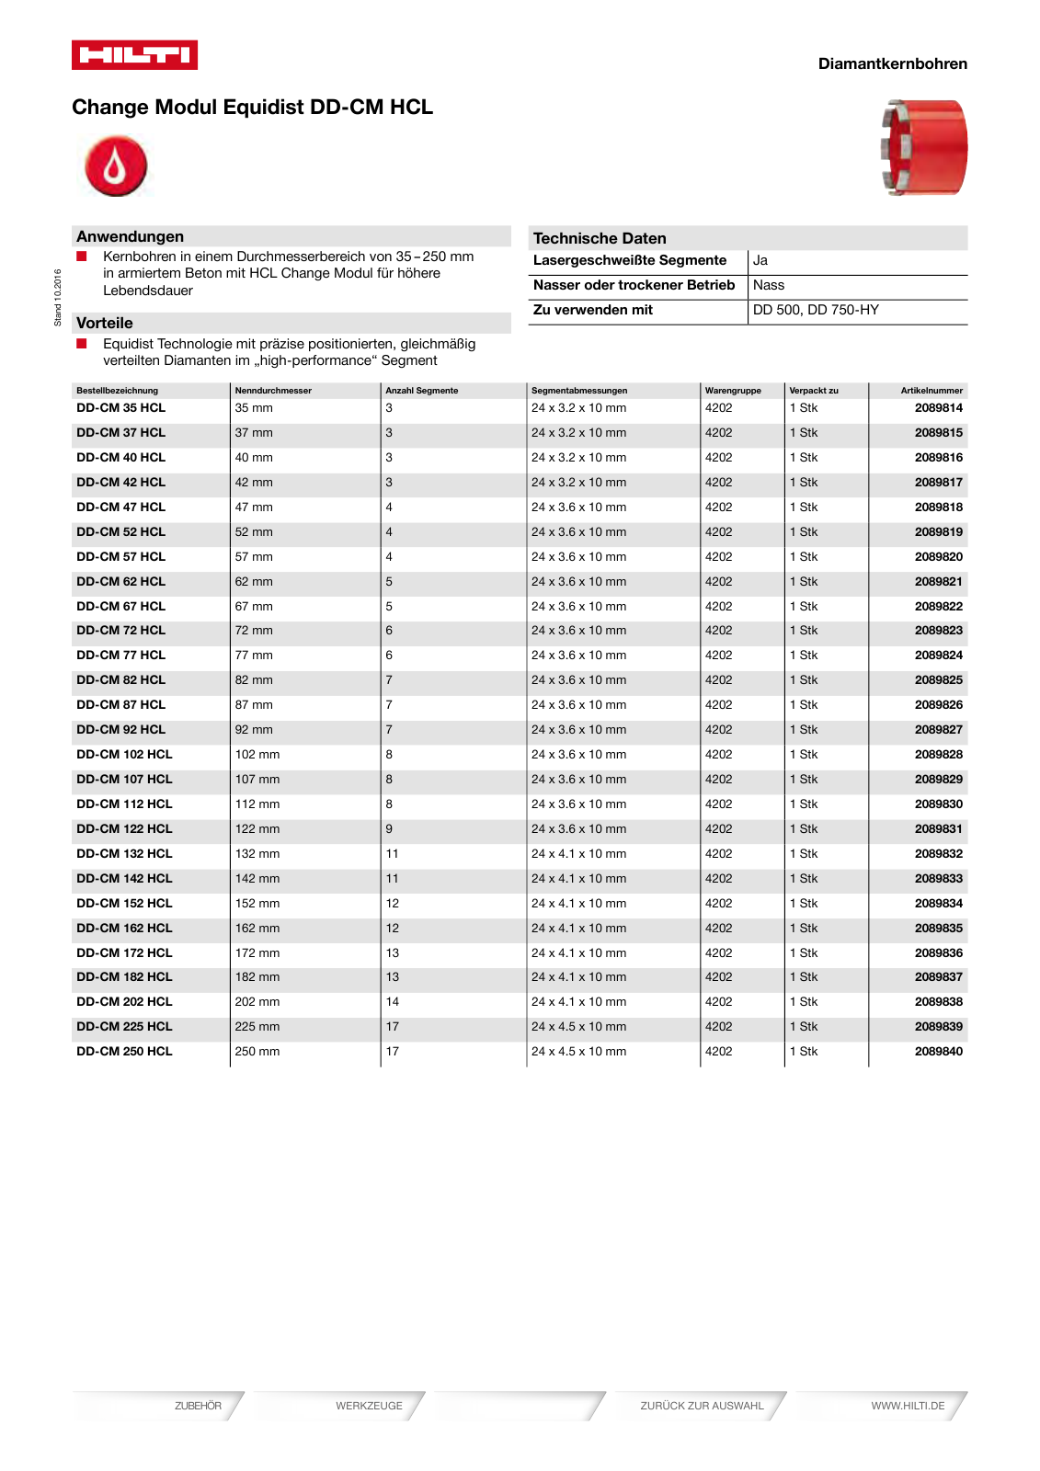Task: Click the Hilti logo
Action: [x=134, y=55]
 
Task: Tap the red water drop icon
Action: [x=116, y=166]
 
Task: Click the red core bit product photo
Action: [x=924, y=147]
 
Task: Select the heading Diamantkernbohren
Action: [x=892, y=63]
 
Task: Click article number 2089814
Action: [x=938, y=408]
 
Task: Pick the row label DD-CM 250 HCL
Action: [x=124, y=1052]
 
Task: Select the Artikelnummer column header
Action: [x=931, y=391]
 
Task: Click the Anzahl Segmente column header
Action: [x=421, y=391]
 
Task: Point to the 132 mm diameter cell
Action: [x=257, y=854]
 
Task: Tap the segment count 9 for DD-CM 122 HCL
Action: [x=389, y=829]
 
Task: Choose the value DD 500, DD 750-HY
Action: [x=816, y=310]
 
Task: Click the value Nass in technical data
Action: [x=768, y=285]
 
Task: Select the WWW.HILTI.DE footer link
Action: [x=907, y=1406]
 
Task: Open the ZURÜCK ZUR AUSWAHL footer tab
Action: [x=702, y=1406]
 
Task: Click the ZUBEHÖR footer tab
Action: [x=198, y=1406]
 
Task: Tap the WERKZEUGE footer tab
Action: [x=369, y=1406]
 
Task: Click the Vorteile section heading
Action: [x=105, y=323]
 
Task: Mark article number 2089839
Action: [x=938, y=1027]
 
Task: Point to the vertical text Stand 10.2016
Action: [x=57, y=297]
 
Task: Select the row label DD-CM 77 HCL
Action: [x=120, y=656]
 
